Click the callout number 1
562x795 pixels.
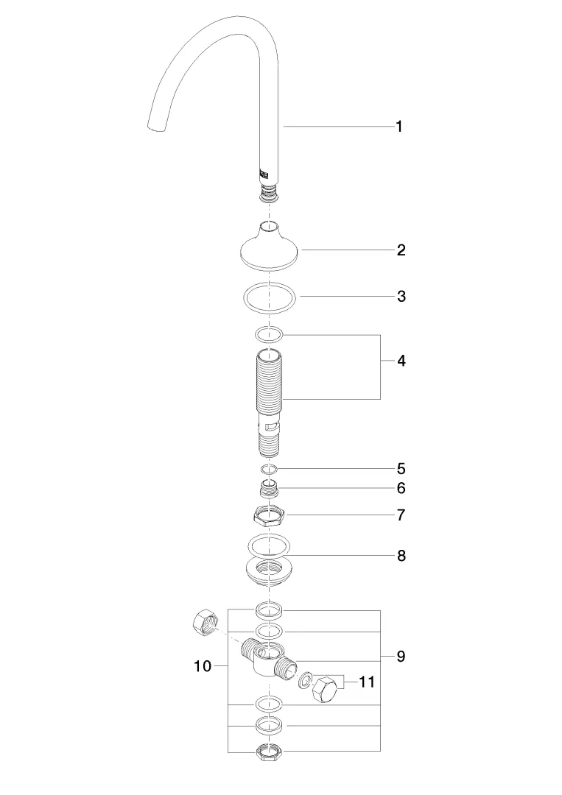399,127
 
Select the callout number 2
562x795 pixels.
401,250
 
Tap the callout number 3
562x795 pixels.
401,296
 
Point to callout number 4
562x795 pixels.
401,361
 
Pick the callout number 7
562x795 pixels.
401,515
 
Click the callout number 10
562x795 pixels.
203,665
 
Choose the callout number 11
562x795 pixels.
367,682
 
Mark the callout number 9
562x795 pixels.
401,657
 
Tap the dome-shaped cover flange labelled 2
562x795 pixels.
269,249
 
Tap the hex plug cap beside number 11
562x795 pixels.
324,689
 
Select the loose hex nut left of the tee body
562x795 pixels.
206,623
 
